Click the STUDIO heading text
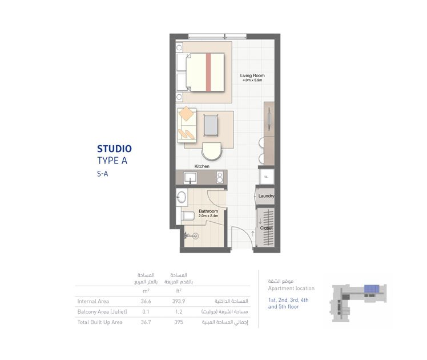click(x=114, y=149)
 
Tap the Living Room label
click(x=252, y=75)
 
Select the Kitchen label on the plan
click(x=202, y=166)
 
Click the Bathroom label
click(x=208, y=211)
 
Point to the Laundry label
click(x=266, y=196)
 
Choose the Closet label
click(x=266, y=227)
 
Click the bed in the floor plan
click(x=204, y=72)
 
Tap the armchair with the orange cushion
click(x=186, y=114)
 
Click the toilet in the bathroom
click(x=188, y=216)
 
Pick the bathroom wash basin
click(x=182, y=198)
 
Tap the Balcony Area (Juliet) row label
click(x=102, y=311)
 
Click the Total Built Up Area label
click(x=100, y=322)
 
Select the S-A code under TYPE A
click(x=103, y=174)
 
